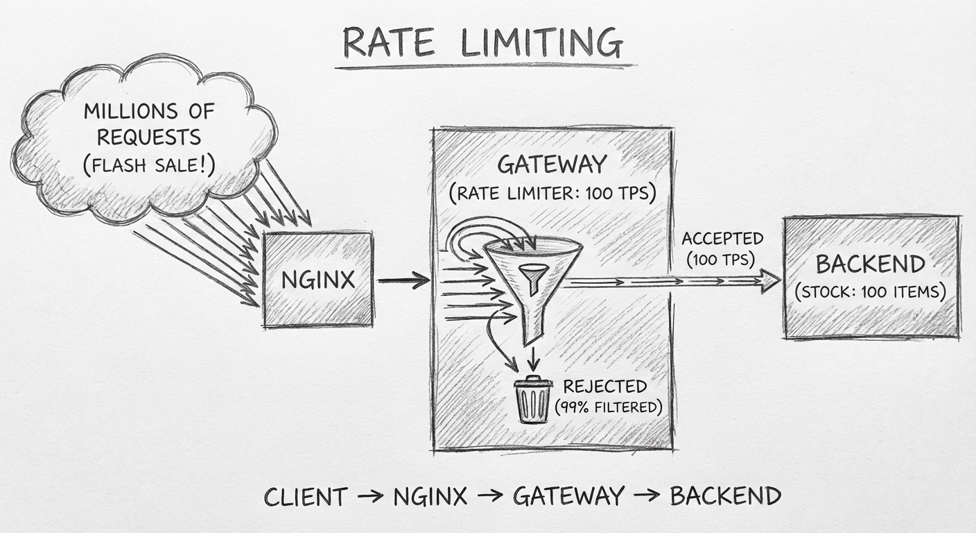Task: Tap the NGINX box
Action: [318, 280]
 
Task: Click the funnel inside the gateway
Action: [531, 278]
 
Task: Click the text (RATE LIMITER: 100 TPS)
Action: [552, 194]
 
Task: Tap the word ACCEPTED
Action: [722, 239]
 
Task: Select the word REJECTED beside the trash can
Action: [604, 387]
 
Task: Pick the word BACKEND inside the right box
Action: [870, 264]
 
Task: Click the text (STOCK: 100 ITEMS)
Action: [871, 291]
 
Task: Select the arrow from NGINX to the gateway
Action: [403, 280]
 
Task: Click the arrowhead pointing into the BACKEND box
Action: [769, 280]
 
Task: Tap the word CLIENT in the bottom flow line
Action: [306, 496]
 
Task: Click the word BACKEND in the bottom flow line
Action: [725, 496]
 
